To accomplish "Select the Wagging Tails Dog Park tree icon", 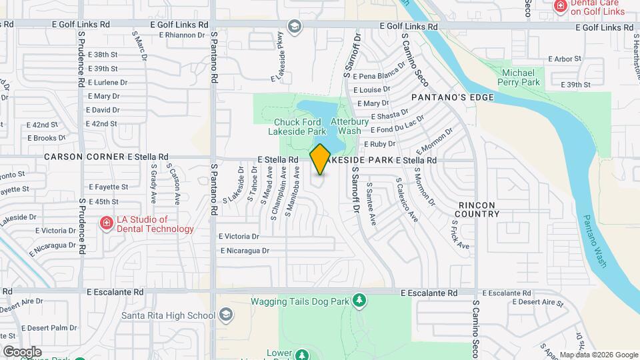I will click(x=359, y=301).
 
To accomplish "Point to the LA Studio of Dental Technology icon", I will click(x=106, y=223).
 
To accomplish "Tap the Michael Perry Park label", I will click(x=519, y=77).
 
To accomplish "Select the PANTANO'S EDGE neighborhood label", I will click(x=453, y=97).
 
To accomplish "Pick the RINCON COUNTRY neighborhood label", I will click(x=477, y=209).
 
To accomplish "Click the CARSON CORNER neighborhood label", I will click(x=84, y=157).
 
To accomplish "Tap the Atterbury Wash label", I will click(x=350, y=127).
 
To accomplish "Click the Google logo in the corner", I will click(x=21, y=351).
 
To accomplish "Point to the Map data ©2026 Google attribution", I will click(x=598, y=355).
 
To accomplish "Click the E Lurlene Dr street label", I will click(x=107, y=83).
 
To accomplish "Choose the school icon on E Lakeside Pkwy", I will click(x=294, y=26).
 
